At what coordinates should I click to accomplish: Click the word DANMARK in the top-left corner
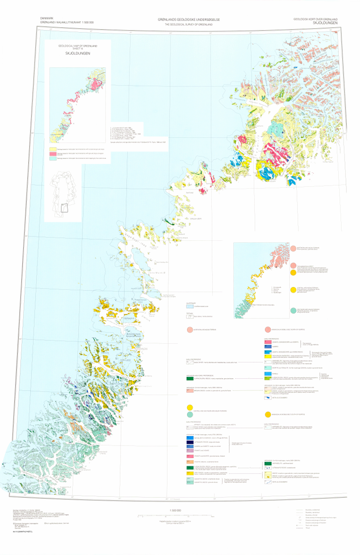click(x=48, y=18)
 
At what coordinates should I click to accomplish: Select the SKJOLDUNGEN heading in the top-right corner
click(x=324, y=22)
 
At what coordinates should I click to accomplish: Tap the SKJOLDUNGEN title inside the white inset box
click(x=78, y=54)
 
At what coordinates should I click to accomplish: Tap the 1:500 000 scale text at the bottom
click(x=175, y=510)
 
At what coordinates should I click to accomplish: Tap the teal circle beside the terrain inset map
click(x=293, y=310)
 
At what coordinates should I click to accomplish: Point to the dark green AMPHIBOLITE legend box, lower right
click(x=267, y=463)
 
